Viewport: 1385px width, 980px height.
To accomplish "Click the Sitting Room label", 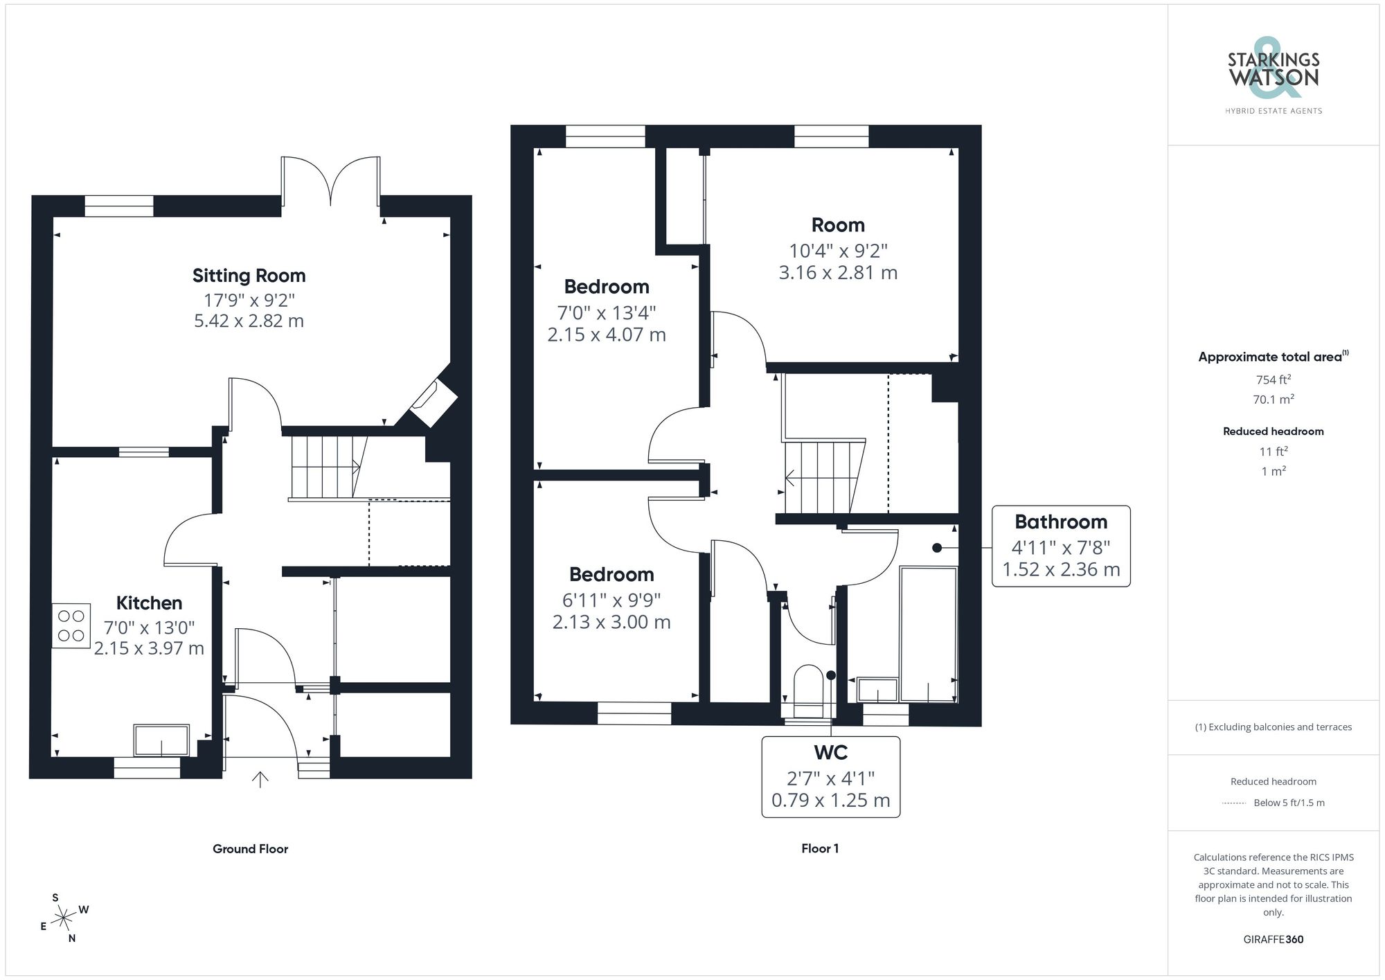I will click(249, 276).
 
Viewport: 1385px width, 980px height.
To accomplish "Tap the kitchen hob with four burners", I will click(71, 625).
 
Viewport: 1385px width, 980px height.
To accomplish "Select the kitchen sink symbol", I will click(161, 740).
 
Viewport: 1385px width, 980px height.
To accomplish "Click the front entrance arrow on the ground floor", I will click(260, 780).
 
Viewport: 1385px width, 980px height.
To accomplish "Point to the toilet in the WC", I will click(807, 689).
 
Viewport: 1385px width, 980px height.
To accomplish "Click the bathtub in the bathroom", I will click(928, 634).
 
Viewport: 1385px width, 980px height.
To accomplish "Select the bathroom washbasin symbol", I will click(877, 691).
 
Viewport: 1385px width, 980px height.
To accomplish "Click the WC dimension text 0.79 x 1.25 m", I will click(830, 800).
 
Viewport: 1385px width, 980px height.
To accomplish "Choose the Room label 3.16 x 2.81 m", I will click(838, 272).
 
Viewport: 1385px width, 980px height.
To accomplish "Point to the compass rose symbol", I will click(64, 918).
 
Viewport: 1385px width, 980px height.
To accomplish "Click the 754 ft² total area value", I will click(1273, 380).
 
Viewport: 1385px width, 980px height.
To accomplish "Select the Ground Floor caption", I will click(250, 848).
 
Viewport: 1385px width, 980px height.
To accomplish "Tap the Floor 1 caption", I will click(820, 848).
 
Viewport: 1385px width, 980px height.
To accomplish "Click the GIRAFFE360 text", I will click(1273, 939).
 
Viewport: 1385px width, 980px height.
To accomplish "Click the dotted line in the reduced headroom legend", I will click(1233, 803).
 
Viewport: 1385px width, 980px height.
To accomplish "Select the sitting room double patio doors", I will click(330, 181).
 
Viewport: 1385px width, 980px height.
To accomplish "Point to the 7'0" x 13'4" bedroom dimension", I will click(606, 313).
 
